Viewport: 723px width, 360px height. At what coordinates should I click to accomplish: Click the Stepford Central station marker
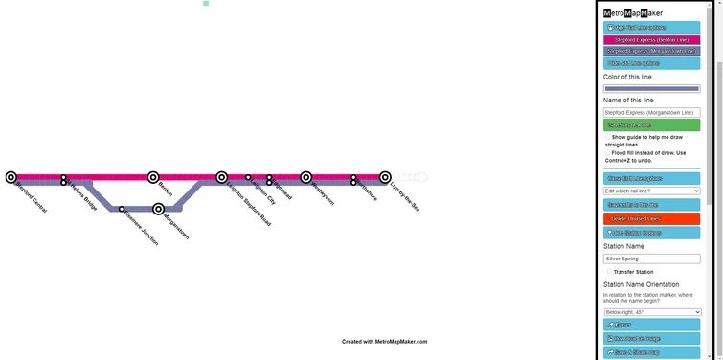coord(11,177)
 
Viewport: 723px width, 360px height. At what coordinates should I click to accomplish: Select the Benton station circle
coord(153,177)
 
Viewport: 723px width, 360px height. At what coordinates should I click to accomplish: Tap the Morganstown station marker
coord(159,209)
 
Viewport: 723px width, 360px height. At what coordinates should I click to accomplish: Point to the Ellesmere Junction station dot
coord(122,209)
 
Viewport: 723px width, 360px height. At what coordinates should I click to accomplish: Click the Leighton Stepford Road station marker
coord(222,177)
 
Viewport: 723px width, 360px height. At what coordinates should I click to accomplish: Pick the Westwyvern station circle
coord(306,177)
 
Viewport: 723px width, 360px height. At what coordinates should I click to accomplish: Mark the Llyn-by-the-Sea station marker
coord(385,177)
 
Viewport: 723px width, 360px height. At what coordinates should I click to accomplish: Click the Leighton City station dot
coord(248,177)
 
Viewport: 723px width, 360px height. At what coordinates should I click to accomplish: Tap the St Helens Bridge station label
coord(83,195)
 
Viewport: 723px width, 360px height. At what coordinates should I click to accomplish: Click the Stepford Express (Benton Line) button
coord(651,40)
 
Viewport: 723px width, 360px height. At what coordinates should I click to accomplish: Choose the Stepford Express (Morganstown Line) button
coord(651,52)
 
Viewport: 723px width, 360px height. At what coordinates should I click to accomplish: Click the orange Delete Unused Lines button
coord(651,219)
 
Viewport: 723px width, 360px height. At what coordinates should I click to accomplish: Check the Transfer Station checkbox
coord(608,272)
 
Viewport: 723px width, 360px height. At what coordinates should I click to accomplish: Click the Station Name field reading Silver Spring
coord(651,259)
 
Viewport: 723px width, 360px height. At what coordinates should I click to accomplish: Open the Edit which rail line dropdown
coord(651,191)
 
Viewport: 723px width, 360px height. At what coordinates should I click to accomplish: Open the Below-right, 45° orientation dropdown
coord(652,312)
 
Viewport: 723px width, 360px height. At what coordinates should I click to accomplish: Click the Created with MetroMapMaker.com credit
coord(385,342)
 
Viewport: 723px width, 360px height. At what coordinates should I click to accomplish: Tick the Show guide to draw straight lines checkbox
coord(608,138)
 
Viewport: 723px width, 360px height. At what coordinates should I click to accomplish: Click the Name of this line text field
coord(651,112)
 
